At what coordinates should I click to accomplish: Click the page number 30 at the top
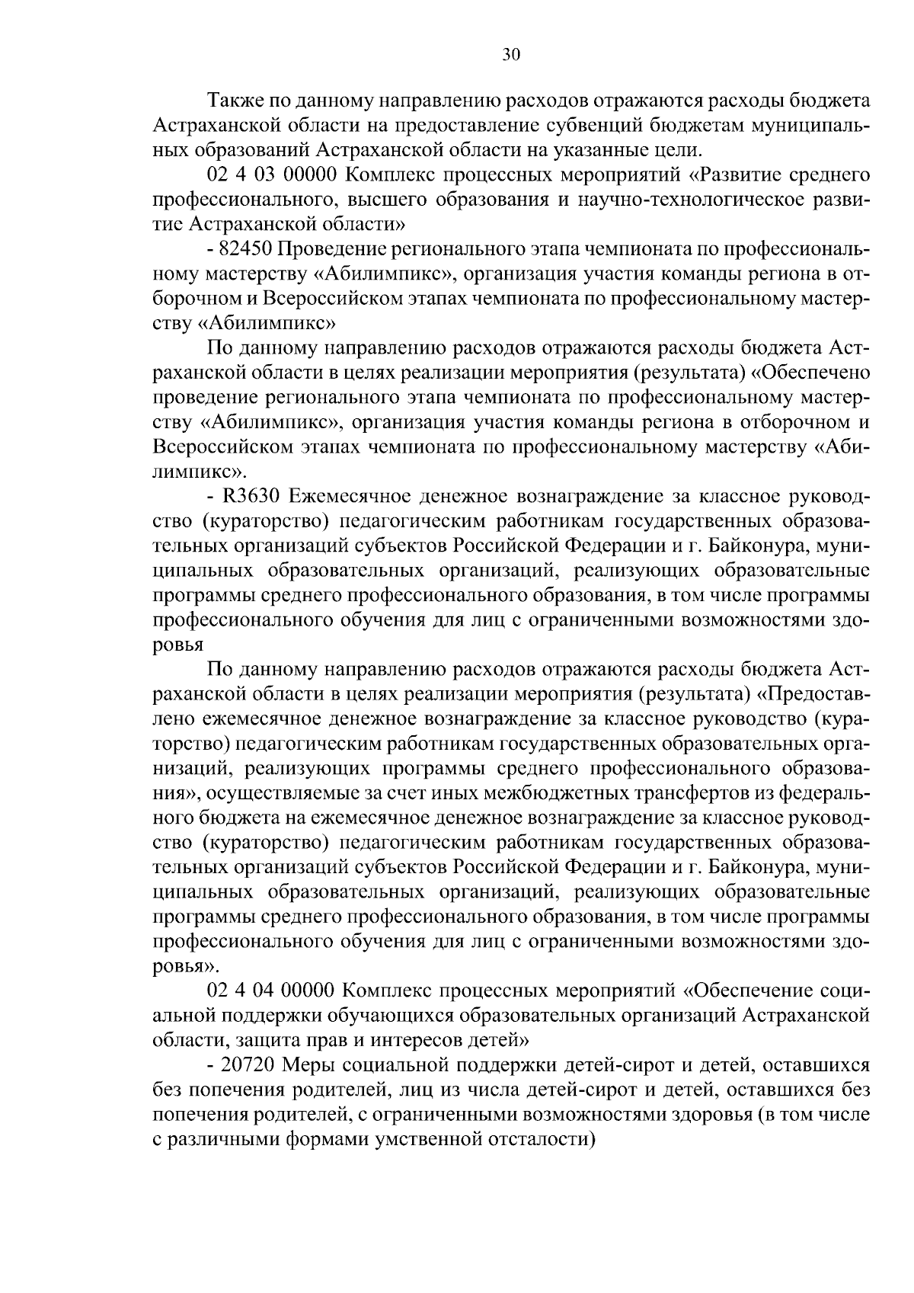(x=510, y=54)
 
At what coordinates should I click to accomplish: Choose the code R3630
(x=254, y=497)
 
